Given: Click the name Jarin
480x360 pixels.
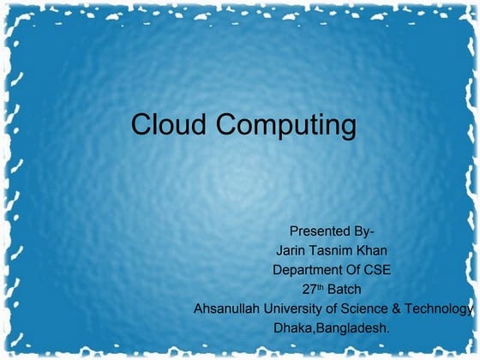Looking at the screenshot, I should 292,250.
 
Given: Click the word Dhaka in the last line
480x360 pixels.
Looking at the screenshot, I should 293,327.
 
